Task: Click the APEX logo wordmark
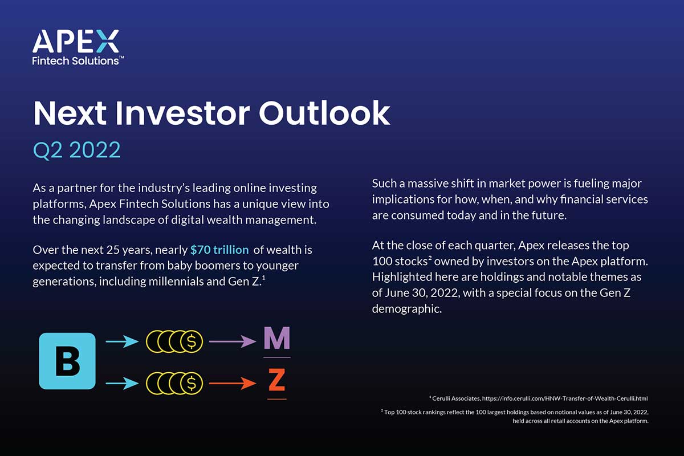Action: click(x=76, y=43)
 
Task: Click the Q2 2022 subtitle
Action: click(x=76, y=149)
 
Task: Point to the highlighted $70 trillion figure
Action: click(x=219, y=250)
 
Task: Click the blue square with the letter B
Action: click(x=67, y=361)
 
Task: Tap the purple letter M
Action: click(x=276, y=340)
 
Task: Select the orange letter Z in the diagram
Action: click(x=276, y=380)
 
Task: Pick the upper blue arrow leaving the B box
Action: click(x=122, y=341)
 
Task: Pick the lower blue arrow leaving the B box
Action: click(x=122, y=383)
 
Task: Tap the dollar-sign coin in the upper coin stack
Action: click(x=192, y=341)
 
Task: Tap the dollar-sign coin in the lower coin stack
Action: click(x=192, y=383)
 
